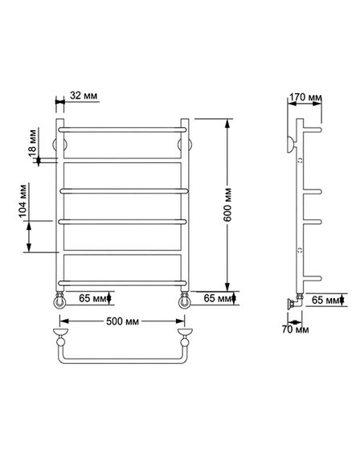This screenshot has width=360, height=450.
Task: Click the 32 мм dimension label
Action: click(84, 96)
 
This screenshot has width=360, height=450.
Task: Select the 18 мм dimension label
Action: click(32, 143)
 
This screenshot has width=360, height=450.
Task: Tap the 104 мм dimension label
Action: click(22, 201)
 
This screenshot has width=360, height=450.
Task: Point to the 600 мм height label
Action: click(227, 204)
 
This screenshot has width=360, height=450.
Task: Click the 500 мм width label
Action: click(123, 321)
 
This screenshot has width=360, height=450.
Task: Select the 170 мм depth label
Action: click(305, 97)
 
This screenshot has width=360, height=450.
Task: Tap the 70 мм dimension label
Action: click(296, 329)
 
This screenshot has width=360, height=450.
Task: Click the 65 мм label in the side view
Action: click(325, 300)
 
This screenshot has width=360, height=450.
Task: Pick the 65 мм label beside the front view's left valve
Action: click(92, 298)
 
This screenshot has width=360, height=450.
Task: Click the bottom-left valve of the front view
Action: click(59, 301)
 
